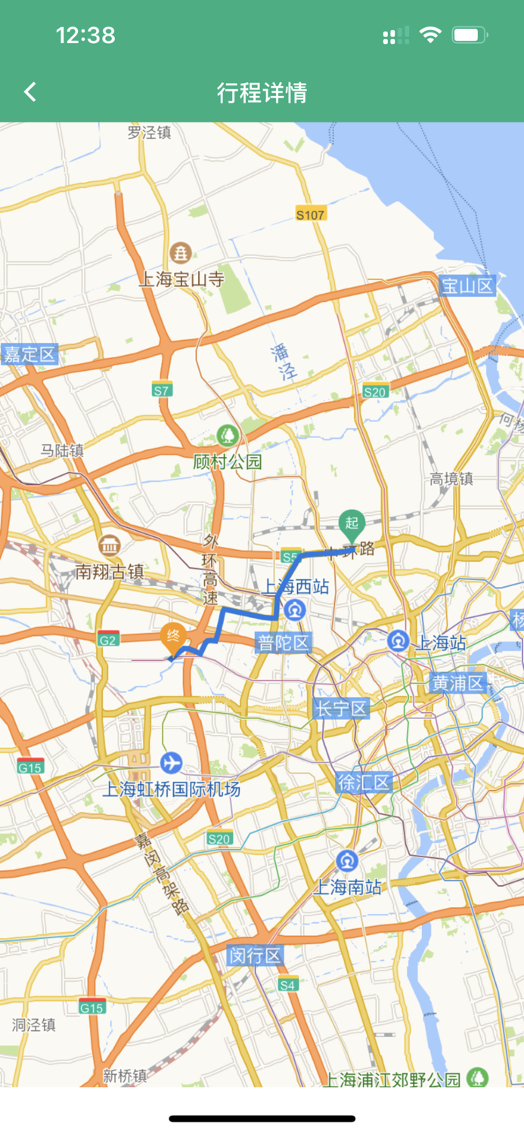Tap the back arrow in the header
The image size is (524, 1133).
[x=30, y=92]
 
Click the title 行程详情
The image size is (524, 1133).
[x=262, y=93]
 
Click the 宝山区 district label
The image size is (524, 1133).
[x=467, y=286]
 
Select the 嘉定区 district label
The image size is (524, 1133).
[x=29, y=353]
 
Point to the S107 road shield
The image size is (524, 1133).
[x=310, y=215]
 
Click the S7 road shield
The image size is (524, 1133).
[x=162, y=390]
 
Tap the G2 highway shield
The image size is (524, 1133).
[x=108, y=639]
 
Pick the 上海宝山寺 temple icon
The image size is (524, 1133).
[x=181, y=252]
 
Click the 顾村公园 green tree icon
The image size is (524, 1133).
[x=226, y=435]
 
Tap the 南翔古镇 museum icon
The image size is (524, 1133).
[x=110, y=545]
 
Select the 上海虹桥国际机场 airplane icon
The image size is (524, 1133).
[x=172, y=763]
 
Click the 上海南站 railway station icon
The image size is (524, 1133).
[x=347, y=860]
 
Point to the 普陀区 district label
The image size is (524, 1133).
[x=283, y=644]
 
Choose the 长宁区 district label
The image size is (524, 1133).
[x=341, y=709]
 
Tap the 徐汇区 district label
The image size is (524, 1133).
[x=364, y=782]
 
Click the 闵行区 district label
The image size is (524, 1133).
[x=256, y=955]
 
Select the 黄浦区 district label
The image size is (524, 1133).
[x=457, y=684]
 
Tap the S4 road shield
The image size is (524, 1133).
[x=288, y=984]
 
